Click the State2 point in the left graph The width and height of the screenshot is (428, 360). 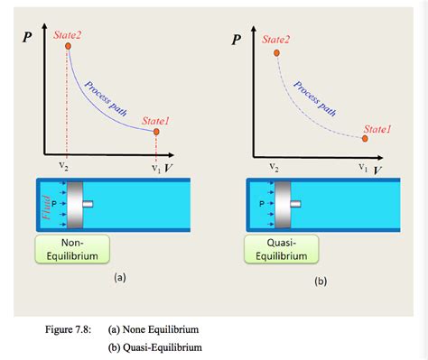(x=68, y=45)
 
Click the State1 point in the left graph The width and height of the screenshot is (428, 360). (x=156, y=133)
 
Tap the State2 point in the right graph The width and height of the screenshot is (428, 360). (x=275, y=53)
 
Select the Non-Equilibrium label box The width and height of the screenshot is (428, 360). (x=72, y=248)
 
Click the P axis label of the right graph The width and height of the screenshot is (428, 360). (x=237, y=40)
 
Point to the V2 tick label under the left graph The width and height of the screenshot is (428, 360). (x=63, y=166)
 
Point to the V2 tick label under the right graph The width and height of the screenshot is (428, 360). (x=273, y=167)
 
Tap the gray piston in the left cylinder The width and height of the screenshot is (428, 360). (x=75, y=204)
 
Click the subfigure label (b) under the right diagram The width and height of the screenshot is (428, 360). (x=321, y=282)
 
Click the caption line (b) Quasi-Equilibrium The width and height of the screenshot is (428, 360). (x=154, y=346)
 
